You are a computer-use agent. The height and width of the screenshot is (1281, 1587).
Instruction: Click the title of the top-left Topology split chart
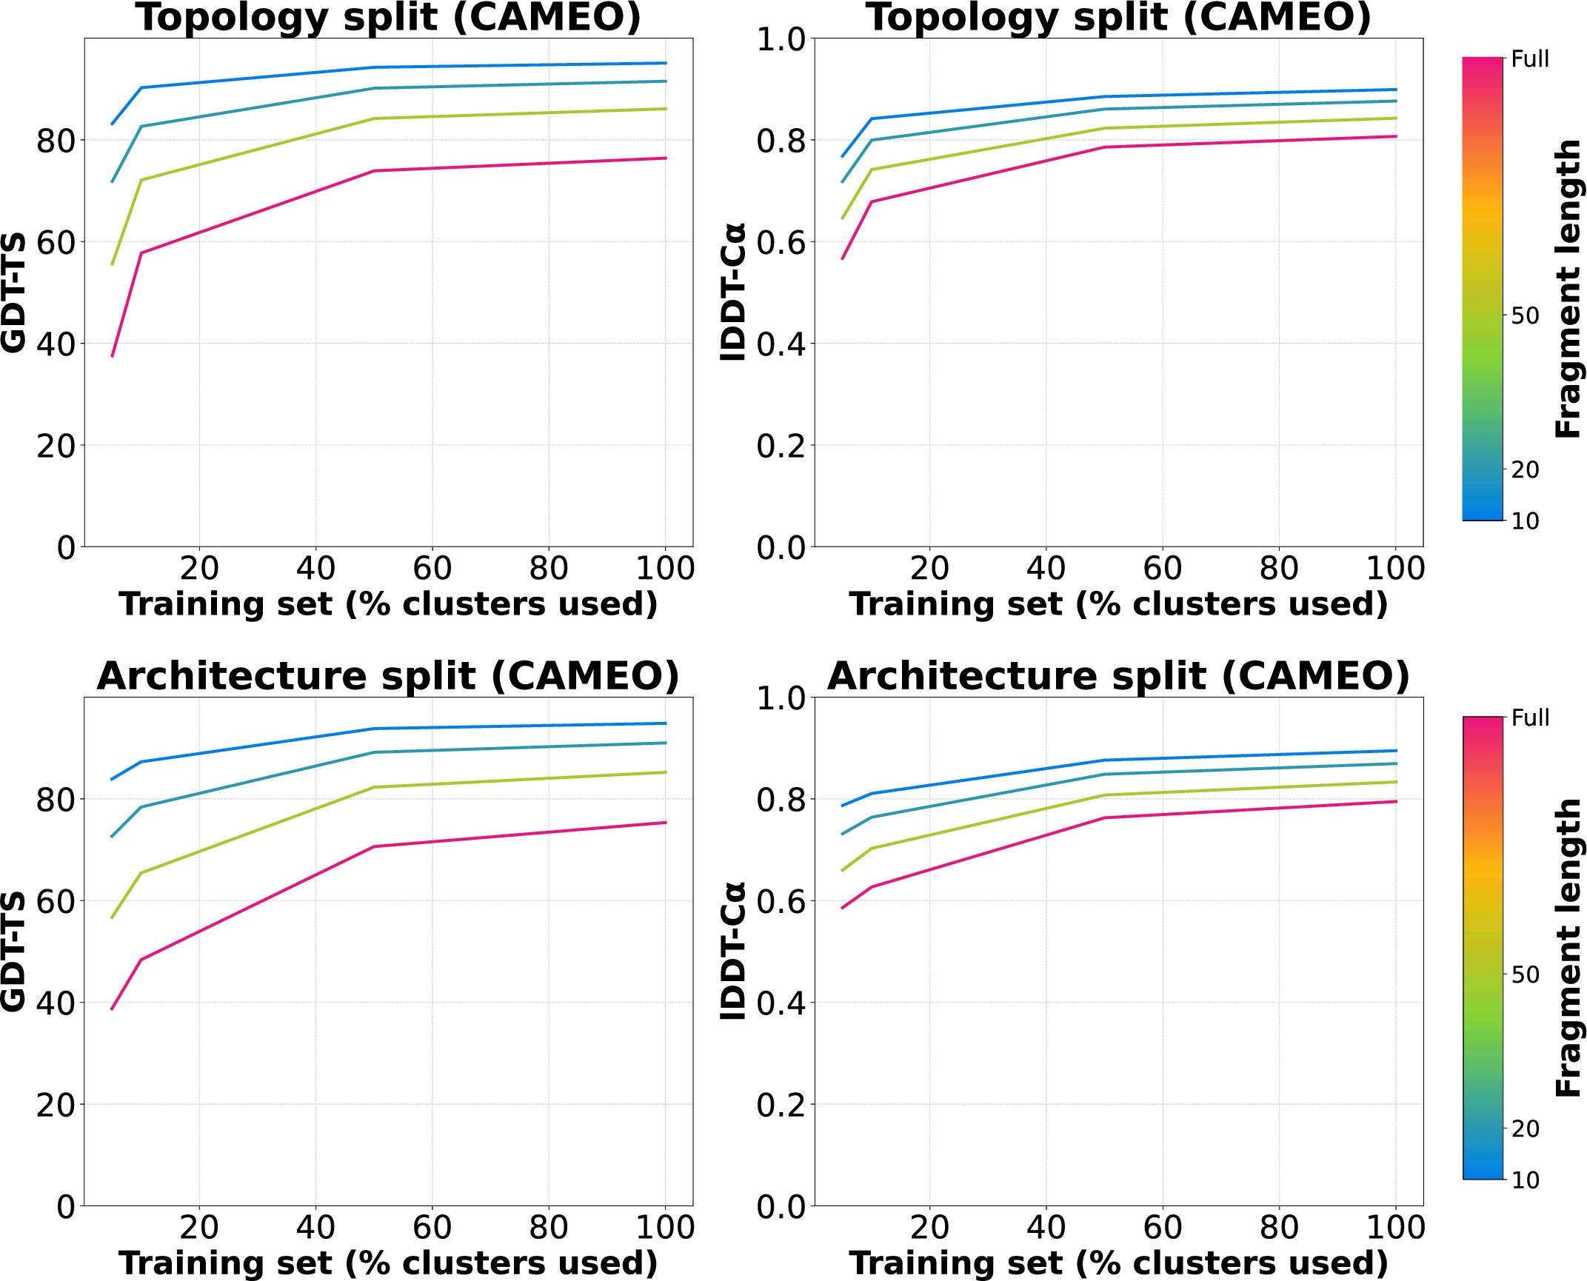388,18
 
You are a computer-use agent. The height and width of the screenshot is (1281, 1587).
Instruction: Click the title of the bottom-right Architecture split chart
1118,676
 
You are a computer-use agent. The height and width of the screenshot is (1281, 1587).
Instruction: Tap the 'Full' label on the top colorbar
1530,59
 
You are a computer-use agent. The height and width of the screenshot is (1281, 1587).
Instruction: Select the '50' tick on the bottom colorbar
1525,974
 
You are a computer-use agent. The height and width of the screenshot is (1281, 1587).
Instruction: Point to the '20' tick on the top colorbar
1525,469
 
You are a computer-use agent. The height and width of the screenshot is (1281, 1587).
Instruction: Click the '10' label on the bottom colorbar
1525,1180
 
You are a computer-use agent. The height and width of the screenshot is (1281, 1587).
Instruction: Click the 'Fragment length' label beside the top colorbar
1568,289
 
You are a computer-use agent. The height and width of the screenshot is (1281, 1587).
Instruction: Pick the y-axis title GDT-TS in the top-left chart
13,292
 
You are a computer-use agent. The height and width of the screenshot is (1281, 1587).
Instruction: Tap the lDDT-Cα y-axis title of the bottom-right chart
733,951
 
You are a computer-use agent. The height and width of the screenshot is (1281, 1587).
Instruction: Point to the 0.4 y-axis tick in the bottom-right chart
780,1003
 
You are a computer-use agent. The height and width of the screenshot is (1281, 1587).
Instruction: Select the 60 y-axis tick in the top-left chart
56,243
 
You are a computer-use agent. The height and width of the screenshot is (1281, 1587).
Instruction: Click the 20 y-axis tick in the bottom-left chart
56,1106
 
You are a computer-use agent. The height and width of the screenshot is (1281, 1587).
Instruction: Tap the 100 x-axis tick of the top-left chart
665,569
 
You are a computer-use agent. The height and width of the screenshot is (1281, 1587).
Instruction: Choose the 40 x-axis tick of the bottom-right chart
1046,1228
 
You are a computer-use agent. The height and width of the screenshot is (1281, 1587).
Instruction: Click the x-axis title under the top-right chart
1118,604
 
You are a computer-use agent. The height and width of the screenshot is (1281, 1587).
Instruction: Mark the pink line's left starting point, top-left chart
112,356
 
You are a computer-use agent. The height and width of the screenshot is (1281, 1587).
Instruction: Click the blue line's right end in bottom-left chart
666,723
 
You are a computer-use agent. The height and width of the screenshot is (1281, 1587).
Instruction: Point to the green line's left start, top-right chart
842,218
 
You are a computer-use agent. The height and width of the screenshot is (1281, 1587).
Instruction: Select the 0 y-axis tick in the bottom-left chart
66,1207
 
